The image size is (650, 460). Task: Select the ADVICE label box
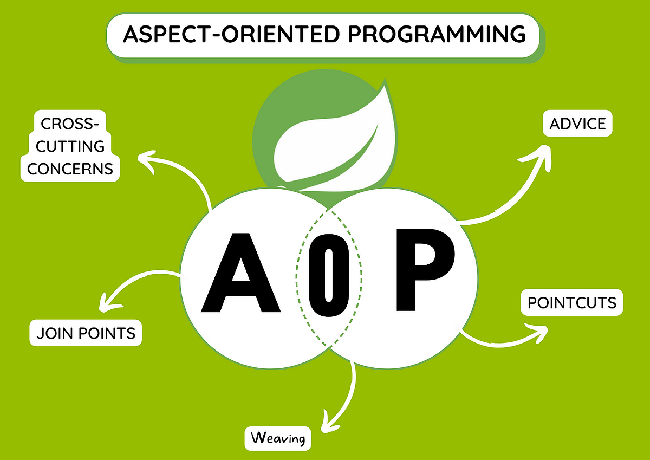pos(577,124)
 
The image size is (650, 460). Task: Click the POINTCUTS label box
pos(572,302)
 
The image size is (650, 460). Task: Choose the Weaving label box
pos(278,438)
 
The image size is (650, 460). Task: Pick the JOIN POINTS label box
pos(86,333)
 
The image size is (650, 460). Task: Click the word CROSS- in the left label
pos(70,124)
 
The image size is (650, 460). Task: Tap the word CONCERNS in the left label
pos(70,168)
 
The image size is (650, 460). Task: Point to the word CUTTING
pos(70,146)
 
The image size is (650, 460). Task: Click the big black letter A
pos(241,274)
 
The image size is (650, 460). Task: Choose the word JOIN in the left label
pos(53,333)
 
